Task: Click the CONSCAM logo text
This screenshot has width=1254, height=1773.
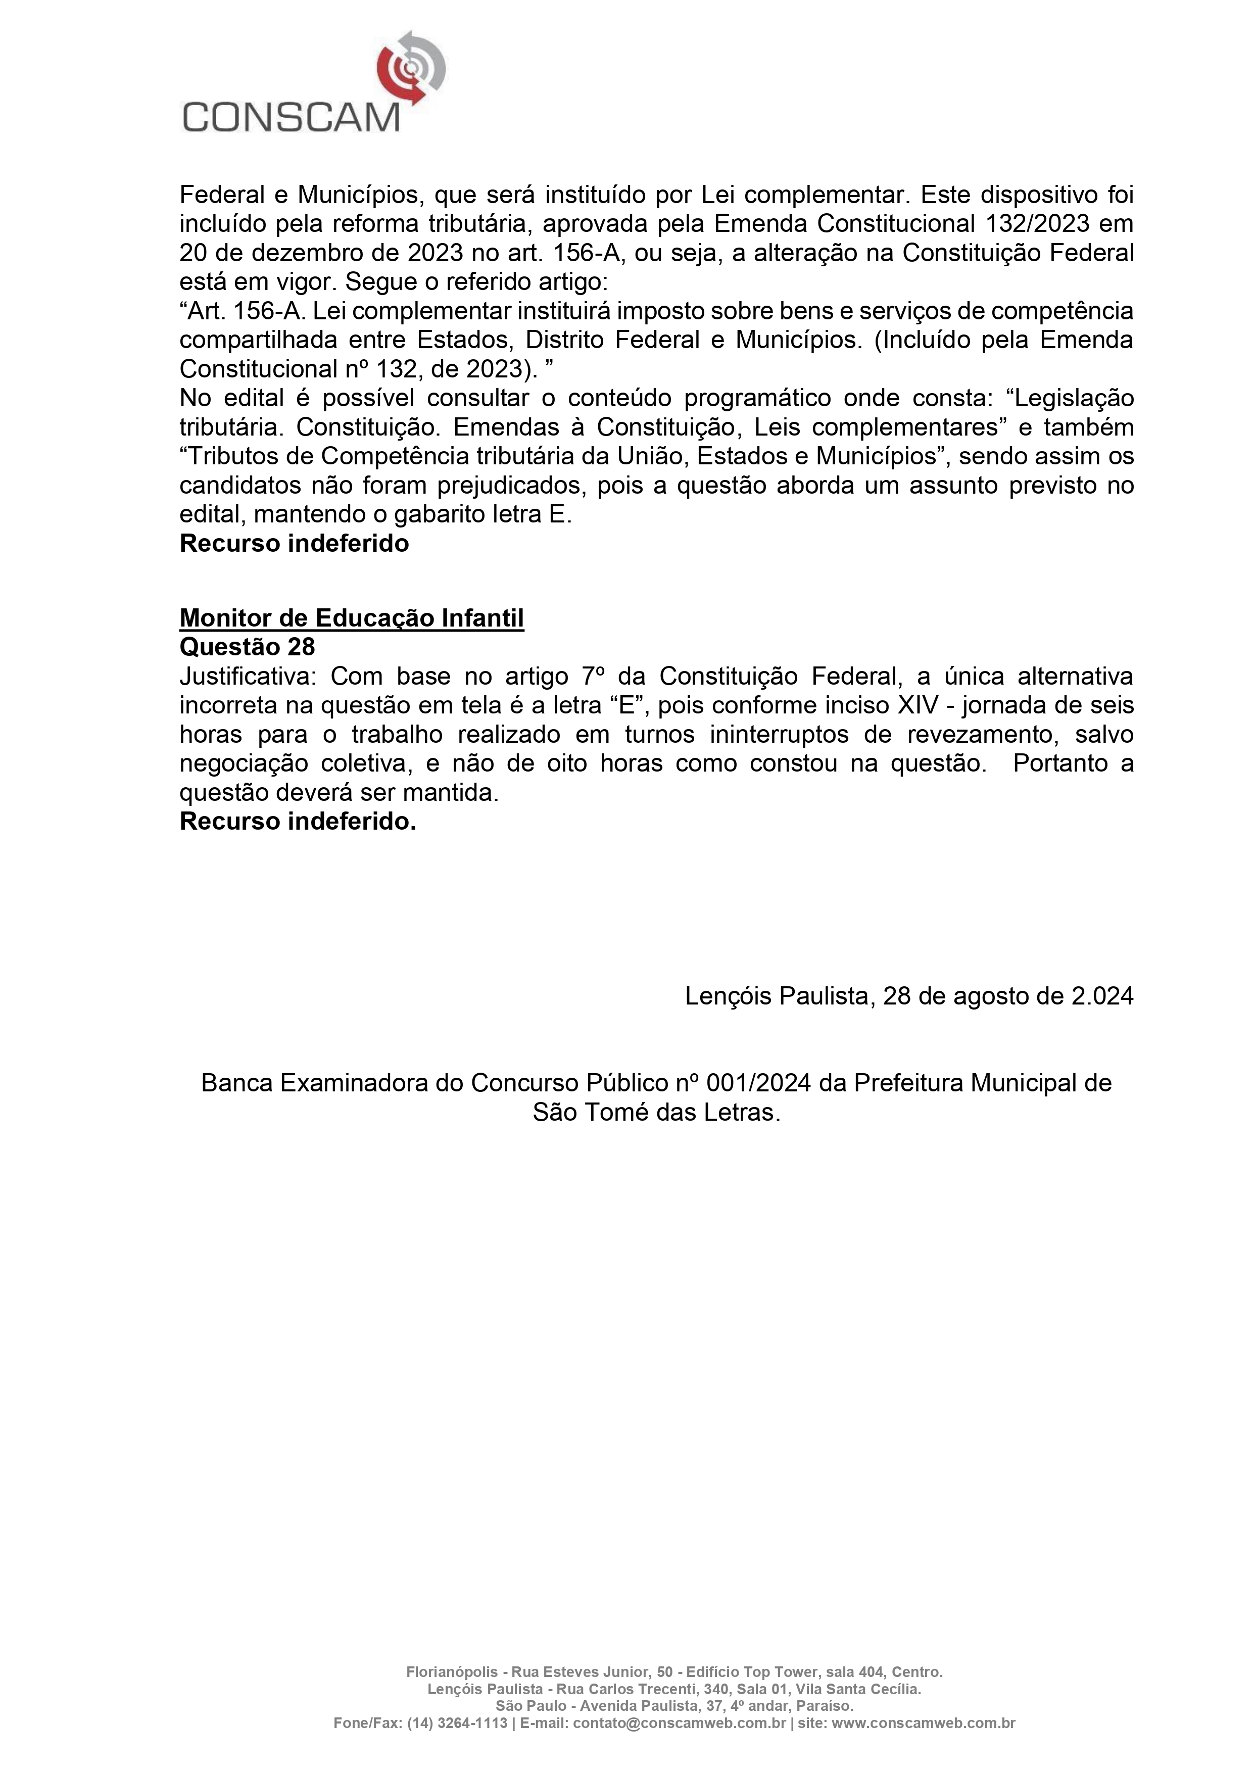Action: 291,117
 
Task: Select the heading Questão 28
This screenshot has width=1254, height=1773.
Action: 247,647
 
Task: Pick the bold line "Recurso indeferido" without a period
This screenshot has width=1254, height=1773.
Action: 294,544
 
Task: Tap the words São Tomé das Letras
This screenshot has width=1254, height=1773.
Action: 656,1113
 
